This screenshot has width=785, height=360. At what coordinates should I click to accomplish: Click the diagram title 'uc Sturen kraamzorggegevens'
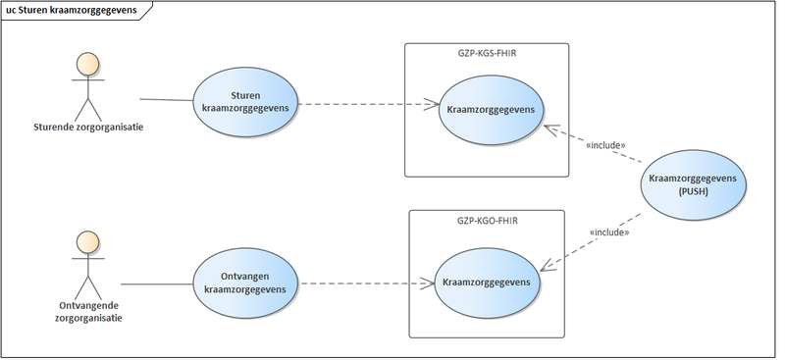click(x=71, y=11)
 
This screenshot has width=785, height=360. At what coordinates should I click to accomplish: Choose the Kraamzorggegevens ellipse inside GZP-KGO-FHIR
click(x=487, y=283)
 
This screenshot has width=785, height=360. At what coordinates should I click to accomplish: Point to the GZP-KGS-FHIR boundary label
click(x=487, y=55)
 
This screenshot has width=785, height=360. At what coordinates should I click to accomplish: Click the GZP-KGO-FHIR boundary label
click(x=485, y=222)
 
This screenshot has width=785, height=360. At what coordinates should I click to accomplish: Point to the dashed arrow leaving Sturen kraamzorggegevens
click(x=363, y=103)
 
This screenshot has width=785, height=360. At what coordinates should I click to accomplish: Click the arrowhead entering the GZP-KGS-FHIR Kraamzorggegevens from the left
click(x=432, y=103)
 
